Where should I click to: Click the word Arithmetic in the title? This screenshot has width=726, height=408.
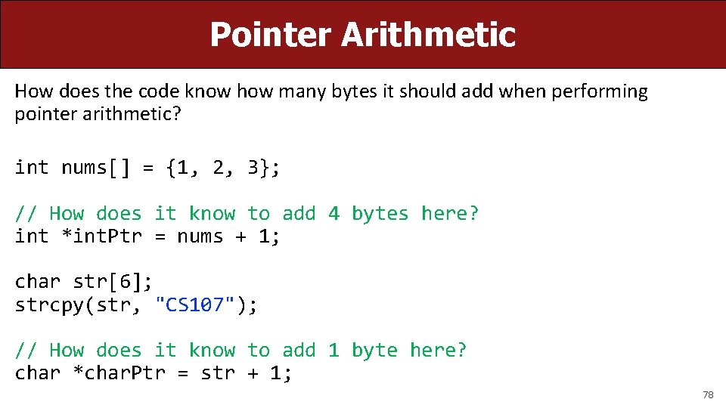click(x=428, y=35)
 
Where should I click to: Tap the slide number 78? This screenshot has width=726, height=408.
click(x=708, y=394)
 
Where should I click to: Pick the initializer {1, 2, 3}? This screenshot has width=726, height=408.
click(x=224, y=167)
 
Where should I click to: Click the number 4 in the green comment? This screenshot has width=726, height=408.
click(x=334, y=214)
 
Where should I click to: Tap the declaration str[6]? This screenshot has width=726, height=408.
click(x=113, y=282)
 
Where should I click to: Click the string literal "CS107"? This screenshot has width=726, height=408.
click(x=194, y=305)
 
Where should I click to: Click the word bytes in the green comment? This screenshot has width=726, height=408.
click(x=380, y=214)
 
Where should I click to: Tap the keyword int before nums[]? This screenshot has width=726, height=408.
click(x=32, y=167)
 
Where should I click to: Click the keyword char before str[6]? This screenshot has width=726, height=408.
click(x=38, y=282)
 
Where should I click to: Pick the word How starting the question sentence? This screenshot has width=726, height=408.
click(x=31, y=92)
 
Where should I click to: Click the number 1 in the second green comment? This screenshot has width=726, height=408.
click(x=334, y=351)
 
